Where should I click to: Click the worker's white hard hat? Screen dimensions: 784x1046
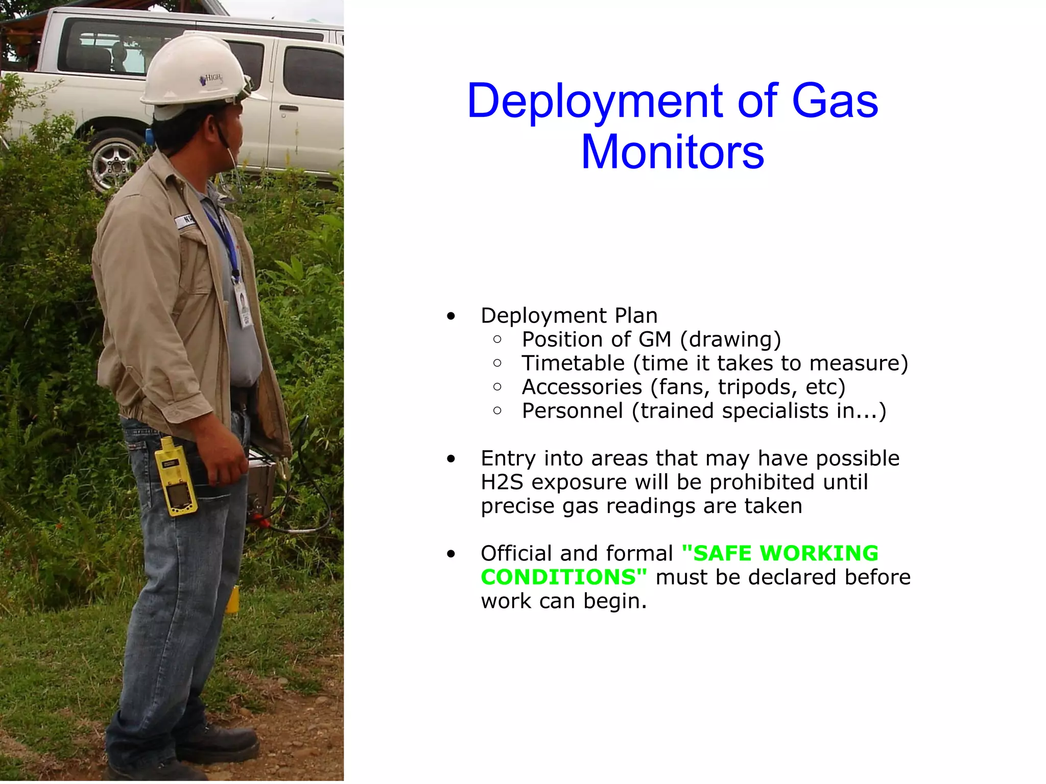pyautogui.click(x=194, y=71)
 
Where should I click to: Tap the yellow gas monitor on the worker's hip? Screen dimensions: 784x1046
pyautogui.click(x=176, y=477)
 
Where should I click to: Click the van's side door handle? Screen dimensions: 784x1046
pyautogui.click(x=288, y=108)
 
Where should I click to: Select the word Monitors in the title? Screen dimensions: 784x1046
pyautogui.click(x=673, y=152)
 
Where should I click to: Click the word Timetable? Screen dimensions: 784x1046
pyautogui.click(x=573, y=363)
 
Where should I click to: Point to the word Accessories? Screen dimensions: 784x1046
pyautogui.click(x=582, y=387)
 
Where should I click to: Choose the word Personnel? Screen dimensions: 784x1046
pyautogui.click(x=572, y=411)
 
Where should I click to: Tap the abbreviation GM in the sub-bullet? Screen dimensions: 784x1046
pyautogui.click(x=655, y=339)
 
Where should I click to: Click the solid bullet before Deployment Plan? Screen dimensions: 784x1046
pyautogui.click(x=450, y=316)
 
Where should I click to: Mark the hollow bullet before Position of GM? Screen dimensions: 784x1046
pyautogui.click(x=497, y=339)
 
